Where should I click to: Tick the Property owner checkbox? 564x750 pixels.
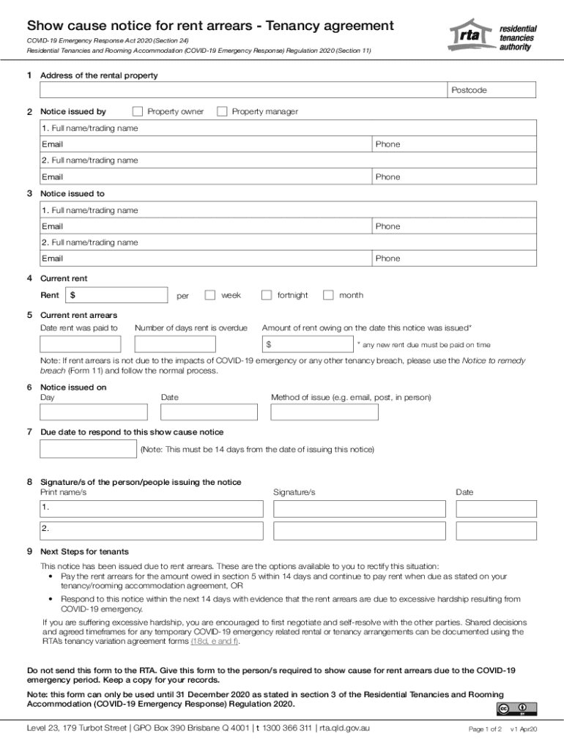click(x=137, y=111)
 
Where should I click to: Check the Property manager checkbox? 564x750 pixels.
click(x=222, y=111)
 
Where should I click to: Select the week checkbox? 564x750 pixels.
click(x=210, y=295)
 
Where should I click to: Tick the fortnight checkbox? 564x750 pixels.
click(x=267, y=295)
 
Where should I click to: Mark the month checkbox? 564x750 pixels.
click(x=328, y=295)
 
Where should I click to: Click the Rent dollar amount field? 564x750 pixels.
click(x=117, y=295)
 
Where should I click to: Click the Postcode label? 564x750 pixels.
click(x=469, y=90)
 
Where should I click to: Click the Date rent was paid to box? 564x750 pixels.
click(x=80, y=344)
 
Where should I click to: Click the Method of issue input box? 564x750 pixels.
click(x=324, y=412)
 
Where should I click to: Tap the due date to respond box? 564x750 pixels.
click(x=88, y=448)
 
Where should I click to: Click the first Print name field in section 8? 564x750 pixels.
click(x=152, y=508)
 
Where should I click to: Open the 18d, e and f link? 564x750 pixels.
click(x=214, y=641)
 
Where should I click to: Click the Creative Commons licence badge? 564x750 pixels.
click(x=516, y=708)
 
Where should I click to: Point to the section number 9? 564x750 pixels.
click(x=29, y=552)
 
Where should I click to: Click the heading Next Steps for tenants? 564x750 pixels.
click(x=84, y=552)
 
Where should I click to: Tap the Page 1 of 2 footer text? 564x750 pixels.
click(x=485, y=729)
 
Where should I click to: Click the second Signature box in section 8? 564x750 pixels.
click(x=359, y=530)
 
